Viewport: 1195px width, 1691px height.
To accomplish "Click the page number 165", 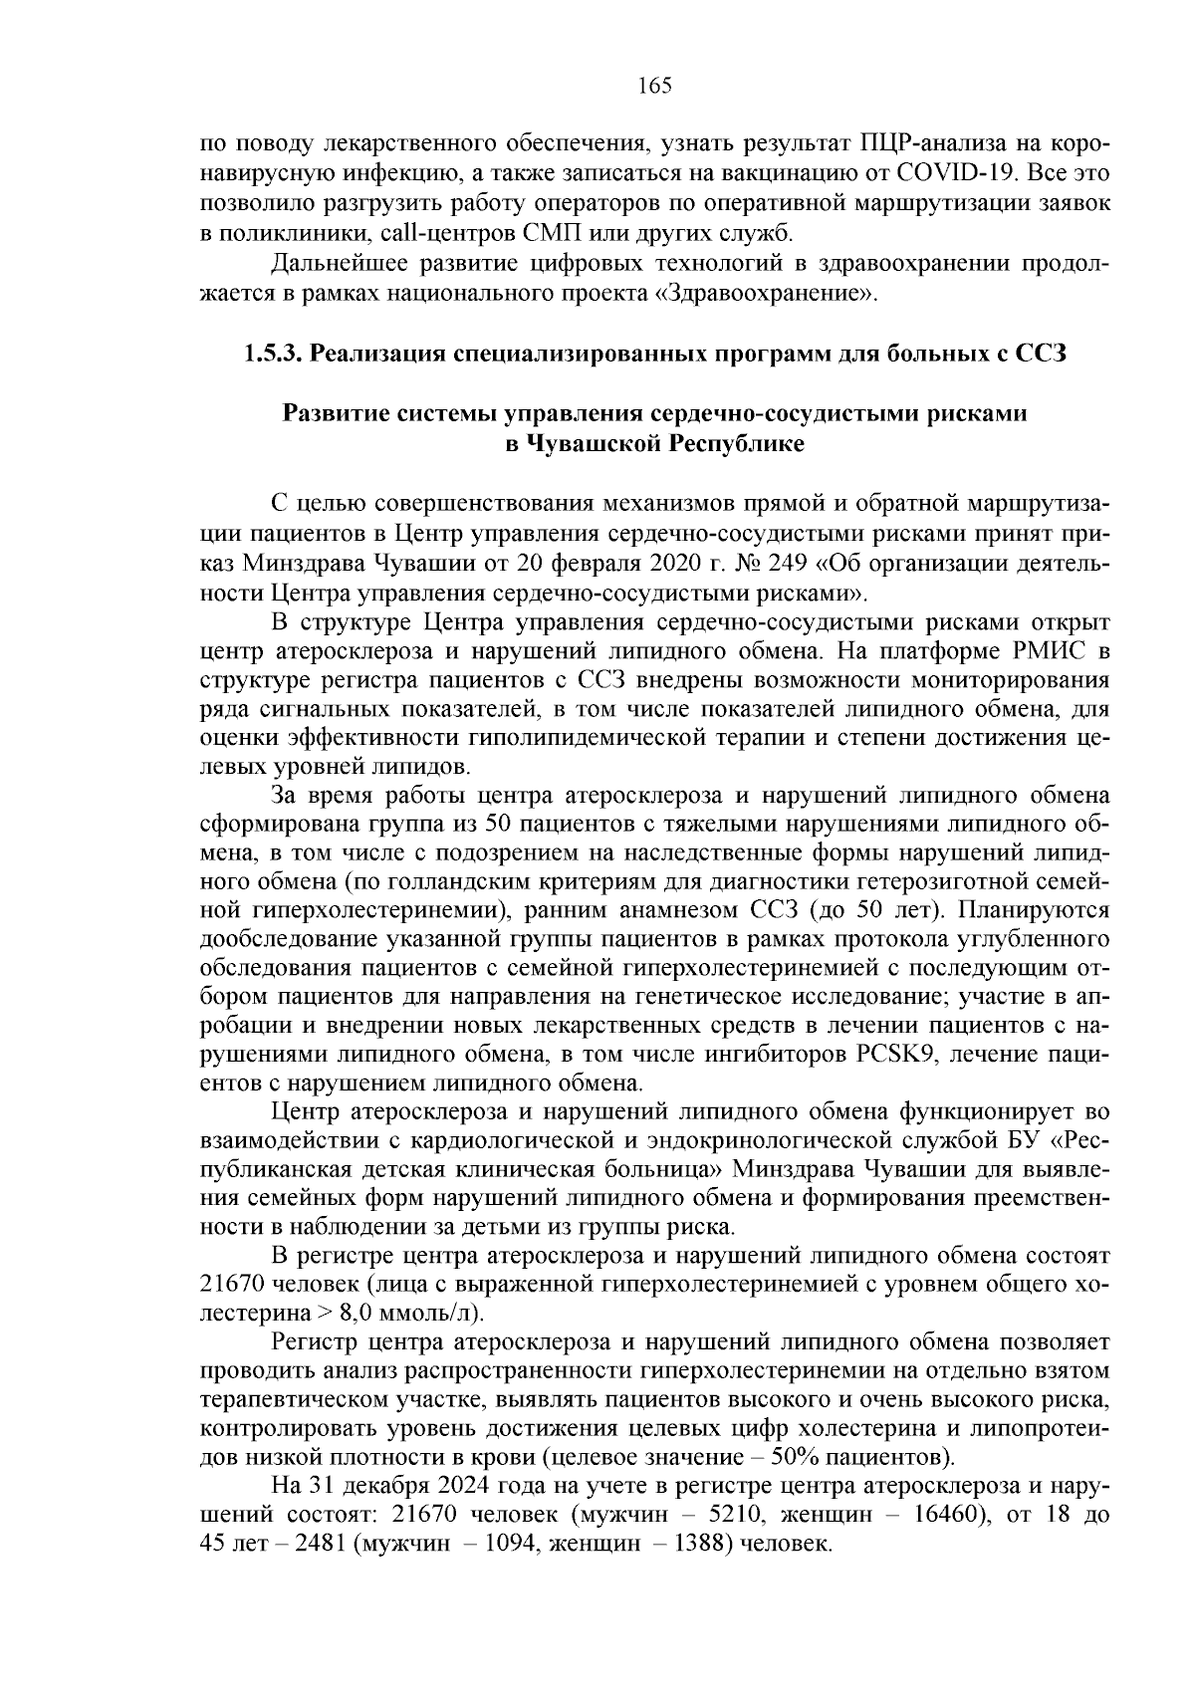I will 654,86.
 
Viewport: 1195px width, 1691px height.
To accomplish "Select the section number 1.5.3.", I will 273,355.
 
